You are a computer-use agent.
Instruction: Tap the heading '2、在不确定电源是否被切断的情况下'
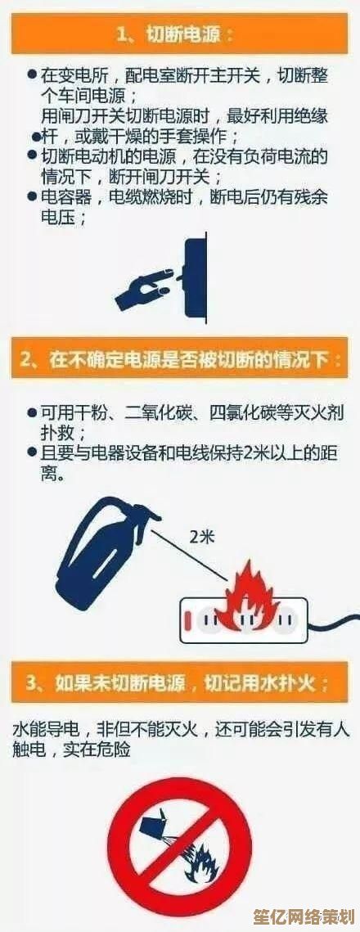pyautogui.click(x=181, y=359)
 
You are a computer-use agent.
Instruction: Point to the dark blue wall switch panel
pyautogui.click(x=196, y=277)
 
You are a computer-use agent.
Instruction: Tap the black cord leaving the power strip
pyautogui.click(x=334, y=623)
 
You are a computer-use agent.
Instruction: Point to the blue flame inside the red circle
pyautogui.click(x=203, y=861)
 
